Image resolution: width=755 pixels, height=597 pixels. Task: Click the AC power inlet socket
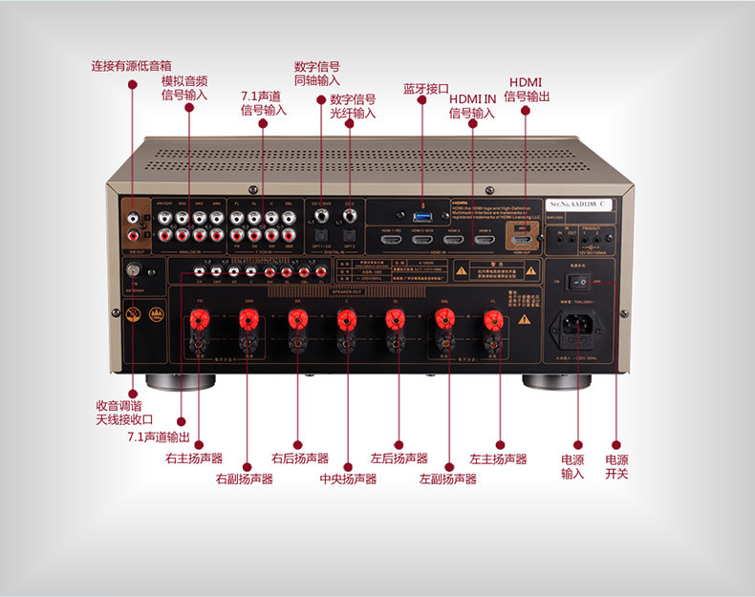[x=575, y=324]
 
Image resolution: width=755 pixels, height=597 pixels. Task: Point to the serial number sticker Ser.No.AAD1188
[x=580, y=203]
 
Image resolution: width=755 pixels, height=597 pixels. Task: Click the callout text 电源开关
[x=616, y=466]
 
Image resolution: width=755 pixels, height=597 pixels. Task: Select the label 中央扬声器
[x=348, y=479]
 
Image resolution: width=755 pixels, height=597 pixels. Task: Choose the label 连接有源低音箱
[x=132, y=66]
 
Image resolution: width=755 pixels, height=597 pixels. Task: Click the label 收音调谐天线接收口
[x=124, y=412]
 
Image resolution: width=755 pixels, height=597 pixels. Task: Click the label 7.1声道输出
[x=159, y=437]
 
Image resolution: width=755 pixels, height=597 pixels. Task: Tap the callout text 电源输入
[x=572, y=466]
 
